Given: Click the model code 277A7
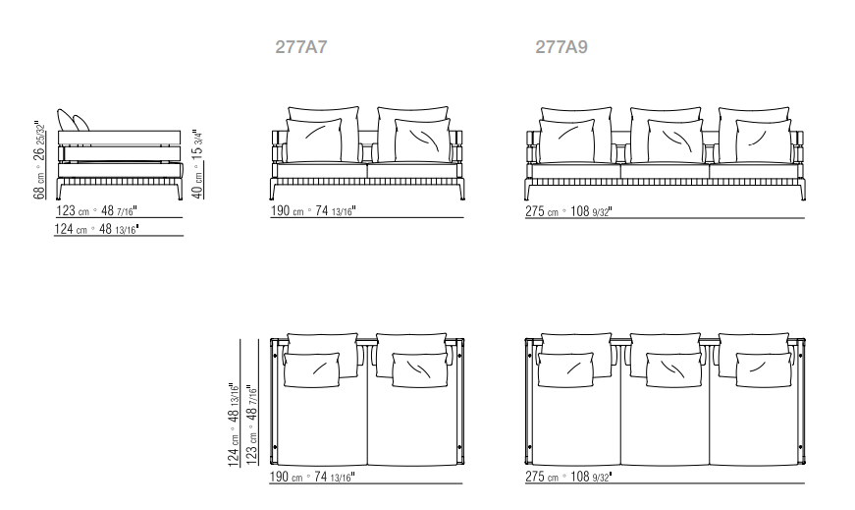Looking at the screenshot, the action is point(301,47).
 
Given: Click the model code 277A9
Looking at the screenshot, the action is point(561,47).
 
